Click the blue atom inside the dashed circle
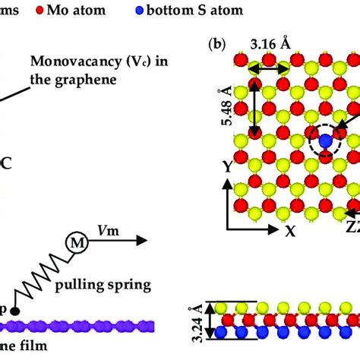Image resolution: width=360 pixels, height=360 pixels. [324, 141]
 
